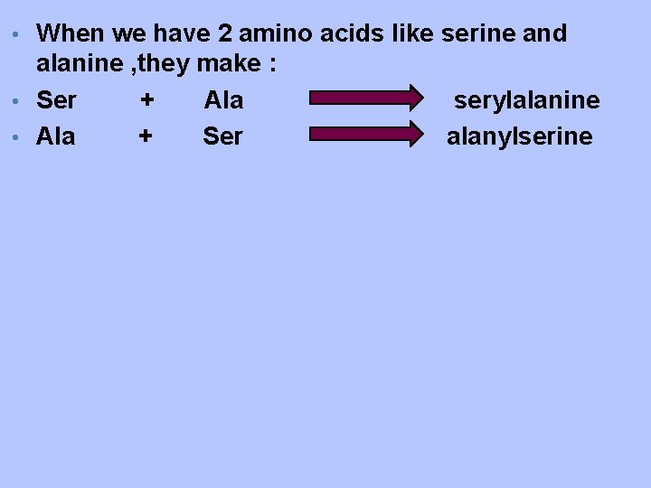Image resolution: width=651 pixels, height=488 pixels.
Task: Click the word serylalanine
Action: coord(526,100)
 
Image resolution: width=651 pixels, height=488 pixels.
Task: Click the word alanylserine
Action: coord(520,136)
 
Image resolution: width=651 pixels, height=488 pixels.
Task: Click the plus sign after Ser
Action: coord(147,100)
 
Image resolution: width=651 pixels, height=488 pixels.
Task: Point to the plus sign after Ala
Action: coord(145,136)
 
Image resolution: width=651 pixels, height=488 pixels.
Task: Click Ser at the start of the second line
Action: coord(56,100)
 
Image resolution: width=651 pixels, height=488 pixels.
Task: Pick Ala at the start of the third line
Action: coord(56,136)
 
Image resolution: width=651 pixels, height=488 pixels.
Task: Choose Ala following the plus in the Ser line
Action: coord(223,100)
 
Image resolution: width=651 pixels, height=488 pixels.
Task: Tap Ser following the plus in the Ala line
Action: coord(222,136)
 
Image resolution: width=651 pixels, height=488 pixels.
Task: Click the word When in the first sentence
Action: coord(71,34)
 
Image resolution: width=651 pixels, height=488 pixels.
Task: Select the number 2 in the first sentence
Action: coord(226,34)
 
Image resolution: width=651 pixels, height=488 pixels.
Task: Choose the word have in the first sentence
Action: coord(180,34)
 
